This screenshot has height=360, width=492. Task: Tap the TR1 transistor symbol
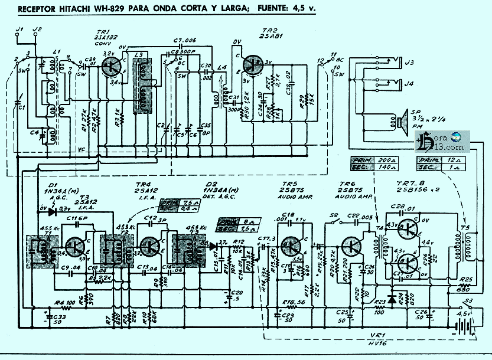click(110, 66)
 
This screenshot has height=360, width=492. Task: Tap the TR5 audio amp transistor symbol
click(292, 244)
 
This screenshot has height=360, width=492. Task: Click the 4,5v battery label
click(463, 314)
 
